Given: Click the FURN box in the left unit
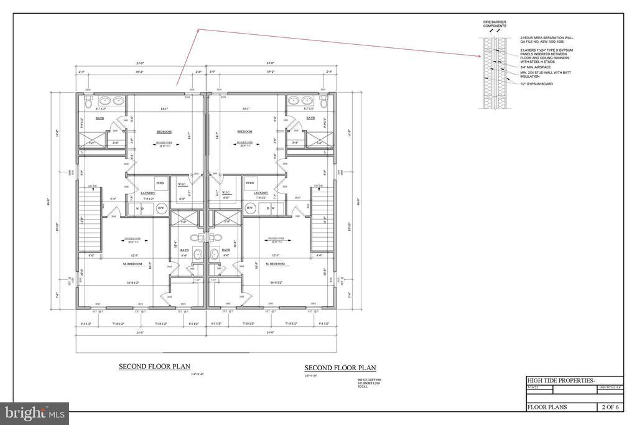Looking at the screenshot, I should (x=159, y=184).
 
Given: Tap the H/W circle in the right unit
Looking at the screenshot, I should (x=251, y=208).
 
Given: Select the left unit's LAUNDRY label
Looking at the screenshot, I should (x=147, y=194).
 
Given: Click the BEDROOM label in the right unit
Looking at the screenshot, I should (x=245, y=131).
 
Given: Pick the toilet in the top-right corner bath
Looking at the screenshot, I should (x=325, y=100).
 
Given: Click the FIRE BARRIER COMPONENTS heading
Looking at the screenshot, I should (x=495, y=24).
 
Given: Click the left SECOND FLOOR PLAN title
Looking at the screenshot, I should (x=154, y=367).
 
